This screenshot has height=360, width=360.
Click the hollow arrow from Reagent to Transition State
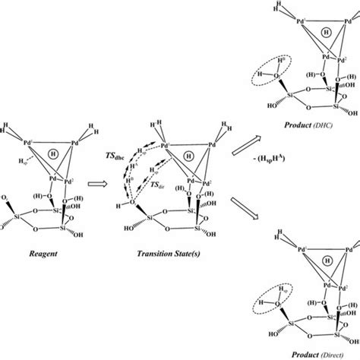click(x=96, y=183)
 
